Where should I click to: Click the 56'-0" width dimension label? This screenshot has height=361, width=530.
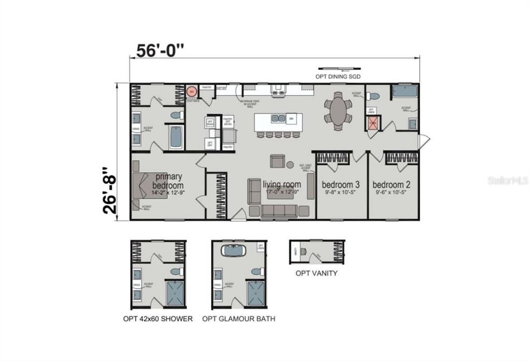pyautogui.click(x=160, y=51)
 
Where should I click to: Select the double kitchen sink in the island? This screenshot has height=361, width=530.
pyautogui.click(x=278, y=118)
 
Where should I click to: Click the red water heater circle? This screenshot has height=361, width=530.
pyautogui.click(x=191, y=91)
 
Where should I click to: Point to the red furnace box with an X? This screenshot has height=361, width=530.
pyautogui.click(x=373, y=123)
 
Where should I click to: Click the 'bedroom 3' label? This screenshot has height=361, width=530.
pyautogui.click(x=341, y=185)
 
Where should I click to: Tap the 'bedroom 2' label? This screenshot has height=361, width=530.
pyautogui.click(x=391, y=185)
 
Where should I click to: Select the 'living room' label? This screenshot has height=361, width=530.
pyautogui.click(x=282, y=184)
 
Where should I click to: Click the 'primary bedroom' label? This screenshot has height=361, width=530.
pyautogui.click(x=168, y=181)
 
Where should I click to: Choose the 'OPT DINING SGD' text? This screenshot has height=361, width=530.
pyautogui.click(x=338, y=77)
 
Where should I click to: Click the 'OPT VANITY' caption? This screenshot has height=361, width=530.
pyautogui.click(x=316, y=273)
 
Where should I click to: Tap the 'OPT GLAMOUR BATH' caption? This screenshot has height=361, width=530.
pyautogui.click(x=239, y=319)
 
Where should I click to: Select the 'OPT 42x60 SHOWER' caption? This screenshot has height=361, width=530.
pyautogui.click(x=158, y=319)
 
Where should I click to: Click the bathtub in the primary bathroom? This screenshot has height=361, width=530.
pyautogui.click(x=175, y=137)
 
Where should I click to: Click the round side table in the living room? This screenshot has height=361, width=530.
pyautogui.click(x=290, y=165)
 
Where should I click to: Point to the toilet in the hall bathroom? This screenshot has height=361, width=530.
pyautogui.click(x=373, y=96)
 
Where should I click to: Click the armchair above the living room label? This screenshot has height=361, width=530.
pyautogui.click(x=277, y=161)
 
